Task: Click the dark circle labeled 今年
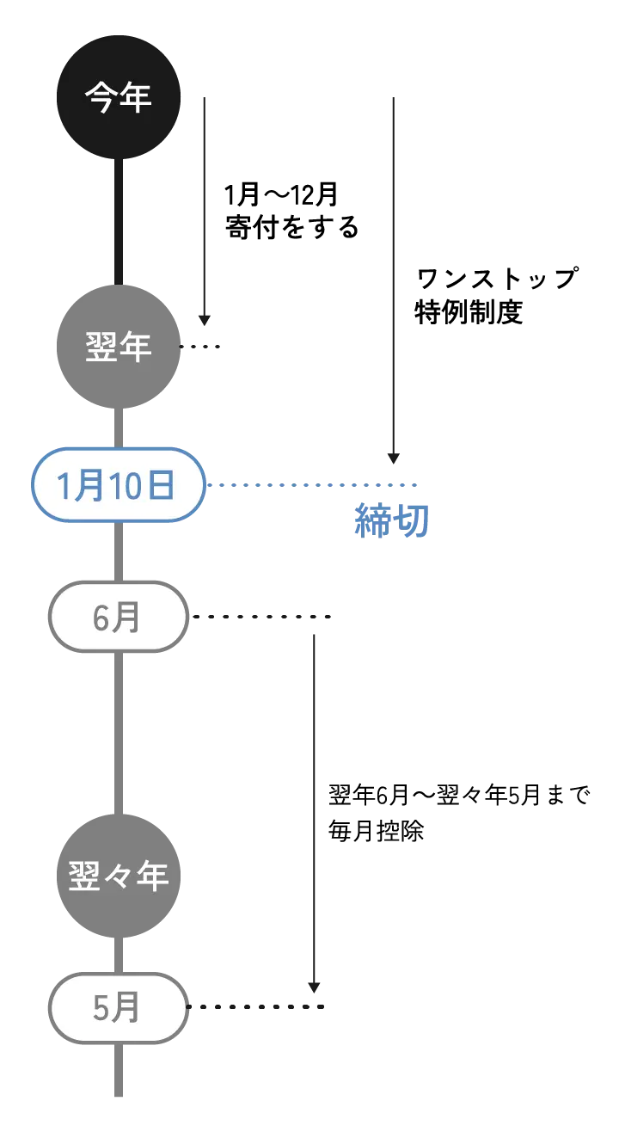[x=119, y=96]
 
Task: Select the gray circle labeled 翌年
[x=119, y=347]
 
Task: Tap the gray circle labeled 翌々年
[x=119, y=876]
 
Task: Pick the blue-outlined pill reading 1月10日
[x=118, y=485]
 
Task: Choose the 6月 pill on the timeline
[x=118, y=617]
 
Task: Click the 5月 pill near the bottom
[x=118, y=1007]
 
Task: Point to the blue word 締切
[x=392, y=521]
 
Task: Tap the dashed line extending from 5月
[x=258, y=1007]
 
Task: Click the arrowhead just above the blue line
[x=395, y=457]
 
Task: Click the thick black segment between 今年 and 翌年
[x=118, y=222]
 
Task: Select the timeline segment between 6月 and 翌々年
[x=118, y=731]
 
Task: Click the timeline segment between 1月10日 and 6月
[x=118, y=552]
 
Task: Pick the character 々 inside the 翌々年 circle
[x=119, y=876]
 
